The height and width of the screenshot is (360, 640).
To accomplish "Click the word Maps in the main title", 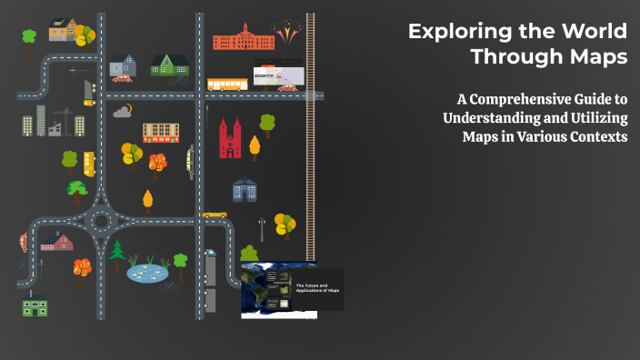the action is tap(595, 57).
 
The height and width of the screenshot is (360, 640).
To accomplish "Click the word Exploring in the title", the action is tap(452, 31).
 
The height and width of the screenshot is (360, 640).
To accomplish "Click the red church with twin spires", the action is tap(229, 137).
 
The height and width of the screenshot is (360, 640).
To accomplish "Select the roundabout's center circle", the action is tap(100, 221).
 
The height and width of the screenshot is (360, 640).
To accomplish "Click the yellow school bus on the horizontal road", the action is tap(227, 85).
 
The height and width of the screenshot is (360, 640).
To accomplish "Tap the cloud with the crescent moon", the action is tap(123, 112).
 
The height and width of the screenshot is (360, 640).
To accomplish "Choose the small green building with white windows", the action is tap(35, 308).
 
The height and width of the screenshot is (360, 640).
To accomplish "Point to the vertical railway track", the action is tap(311, 136).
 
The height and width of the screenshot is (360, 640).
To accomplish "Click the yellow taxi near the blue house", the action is tap(215, 215).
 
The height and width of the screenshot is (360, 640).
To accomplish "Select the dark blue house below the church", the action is tap(245, 190).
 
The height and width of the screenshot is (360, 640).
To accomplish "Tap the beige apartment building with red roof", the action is tap(161, 133).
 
